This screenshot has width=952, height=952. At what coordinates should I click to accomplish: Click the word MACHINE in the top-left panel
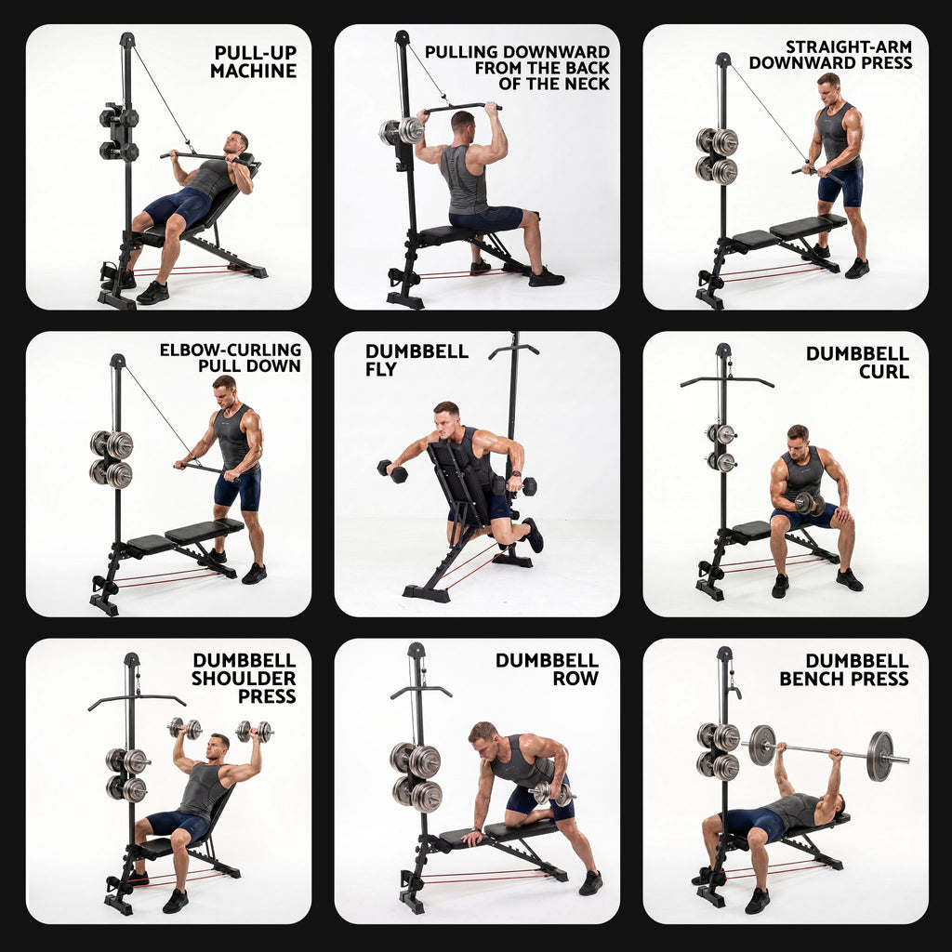(x=253, y=71)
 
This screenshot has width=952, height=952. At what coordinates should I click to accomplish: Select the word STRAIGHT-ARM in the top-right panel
(x=848, y=46)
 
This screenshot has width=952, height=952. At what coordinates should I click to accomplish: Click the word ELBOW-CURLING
(x=231, y=350)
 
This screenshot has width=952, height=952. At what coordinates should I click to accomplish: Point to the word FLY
(x=380, y=369)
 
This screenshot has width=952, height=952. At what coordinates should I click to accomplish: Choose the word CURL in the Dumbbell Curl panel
(x=883, y=371)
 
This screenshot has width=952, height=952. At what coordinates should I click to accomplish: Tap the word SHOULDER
(x=244, y=678)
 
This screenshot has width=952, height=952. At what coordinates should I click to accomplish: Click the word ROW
(x=575, y=678)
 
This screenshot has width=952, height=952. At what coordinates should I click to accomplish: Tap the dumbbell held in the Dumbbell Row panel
(x=551, y=794)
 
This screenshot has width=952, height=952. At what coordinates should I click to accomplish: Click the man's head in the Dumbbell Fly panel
(x=445, y=417)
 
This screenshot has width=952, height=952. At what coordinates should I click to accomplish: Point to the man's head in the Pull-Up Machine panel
(x=238, y=143)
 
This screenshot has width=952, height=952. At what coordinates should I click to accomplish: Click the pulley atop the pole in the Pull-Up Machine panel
(x=126, y=40)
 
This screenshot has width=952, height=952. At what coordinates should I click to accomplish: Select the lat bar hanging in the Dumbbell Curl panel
(x=727, y=381)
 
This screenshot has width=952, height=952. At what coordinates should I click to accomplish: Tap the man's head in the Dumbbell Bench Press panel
(x=836, y=806)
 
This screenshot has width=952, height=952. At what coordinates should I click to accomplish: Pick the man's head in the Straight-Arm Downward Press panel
(x=828, y=88)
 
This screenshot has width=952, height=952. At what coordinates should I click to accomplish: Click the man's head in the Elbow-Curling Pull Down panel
(x=224, y=391)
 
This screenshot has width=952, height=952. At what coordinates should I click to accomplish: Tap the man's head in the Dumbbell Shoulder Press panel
(x=218, y=747)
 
